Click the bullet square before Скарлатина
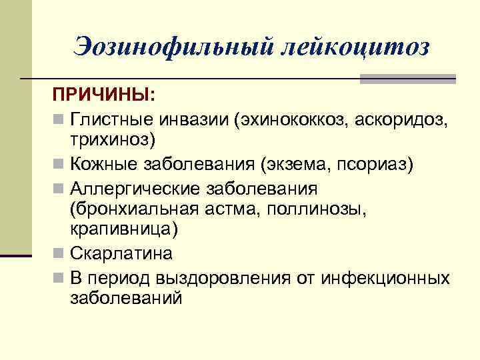pos(59,254)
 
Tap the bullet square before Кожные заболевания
pos(59,164)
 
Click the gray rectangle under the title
pos(407,79)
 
